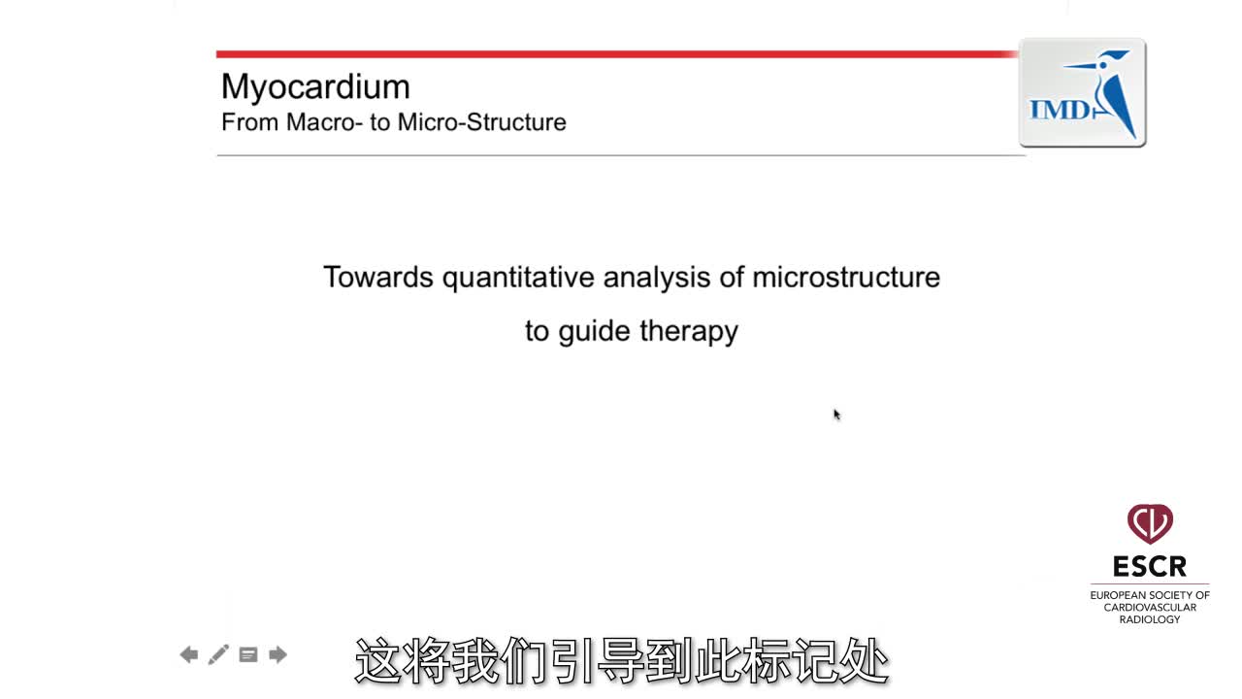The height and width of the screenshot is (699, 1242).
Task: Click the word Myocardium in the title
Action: click(x=315, y=87)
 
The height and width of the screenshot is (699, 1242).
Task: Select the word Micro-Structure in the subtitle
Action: click(x=482, y=122)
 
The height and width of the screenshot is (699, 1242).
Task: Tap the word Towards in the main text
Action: click(x=378, y=277)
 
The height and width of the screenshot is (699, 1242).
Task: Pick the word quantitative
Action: click(x=518, y=279)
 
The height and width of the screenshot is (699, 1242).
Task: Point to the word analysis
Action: click(x=657, y=279)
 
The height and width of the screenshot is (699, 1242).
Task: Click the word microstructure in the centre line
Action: click(x=846, y=277)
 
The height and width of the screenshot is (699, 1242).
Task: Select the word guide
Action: click(x=595, y=332)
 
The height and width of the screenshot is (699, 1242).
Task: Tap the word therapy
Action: click(x=689, y=332)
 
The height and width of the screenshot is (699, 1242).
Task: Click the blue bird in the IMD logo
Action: click(x=1109, y=91)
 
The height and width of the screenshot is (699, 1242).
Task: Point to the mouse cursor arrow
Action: click(x=836, y=415)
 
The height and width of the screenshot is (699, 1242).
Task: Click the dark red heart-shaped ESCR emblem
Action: click(x=1150, y=523)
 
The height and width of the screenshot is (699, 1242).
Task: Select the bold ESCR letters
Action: click(x=1150, y=566)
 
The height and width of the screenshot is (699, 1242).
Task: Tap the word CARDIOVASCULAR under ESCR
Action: click(x=1150, y=608)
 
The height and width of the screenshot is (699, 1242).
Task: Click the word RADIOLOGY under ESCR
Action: click(x=1150, y=619)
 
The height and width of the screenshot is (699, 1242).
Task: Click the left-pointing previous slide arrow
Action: click(x=189, y=654)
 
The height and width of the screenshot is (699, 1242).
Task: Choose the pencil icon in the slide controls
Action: click(x=218, y=654)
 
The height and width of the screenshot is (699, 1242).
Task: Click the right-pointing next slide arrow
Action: click(x=278, y=654)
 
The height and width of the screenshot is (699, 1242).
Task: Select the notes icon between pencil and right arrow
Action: click(x=247, y=655)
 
